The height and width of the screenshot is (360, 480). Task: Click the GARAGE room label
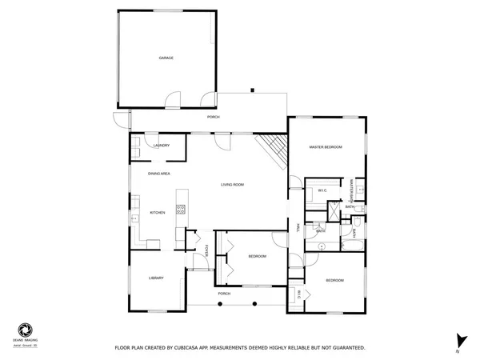166,58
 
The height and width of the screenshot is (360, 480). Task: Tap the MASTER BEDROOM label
326,147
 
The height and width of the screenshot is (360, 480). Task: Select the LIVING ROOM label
233,185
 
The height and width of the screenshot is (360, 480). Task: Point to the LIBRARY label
156,278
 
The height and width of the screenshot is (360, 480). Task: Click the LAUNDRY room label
162,145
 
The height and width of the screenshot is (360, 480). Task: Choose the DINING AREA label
158,174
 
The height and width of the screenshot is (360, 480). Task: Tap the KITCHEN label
158,212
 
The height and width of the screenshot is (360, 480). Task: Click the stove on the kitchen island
181,210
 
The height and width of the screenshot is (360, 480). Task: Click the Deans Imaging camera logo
27,329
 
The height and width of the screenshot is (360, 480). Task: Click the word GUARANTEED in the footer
348,348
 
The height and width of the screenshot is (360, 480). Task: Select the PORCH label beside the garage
213,117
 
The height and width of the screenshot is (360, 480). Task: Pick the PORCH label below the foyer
225,294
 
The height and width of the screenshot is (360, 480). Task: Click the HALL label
297,228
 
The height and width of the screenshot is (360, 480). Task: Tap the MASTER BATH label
351,189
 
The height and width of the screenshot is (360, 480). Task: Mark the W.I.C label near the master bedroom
322,190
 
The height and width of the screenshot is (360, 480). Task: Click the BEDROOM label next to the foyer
257,256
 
